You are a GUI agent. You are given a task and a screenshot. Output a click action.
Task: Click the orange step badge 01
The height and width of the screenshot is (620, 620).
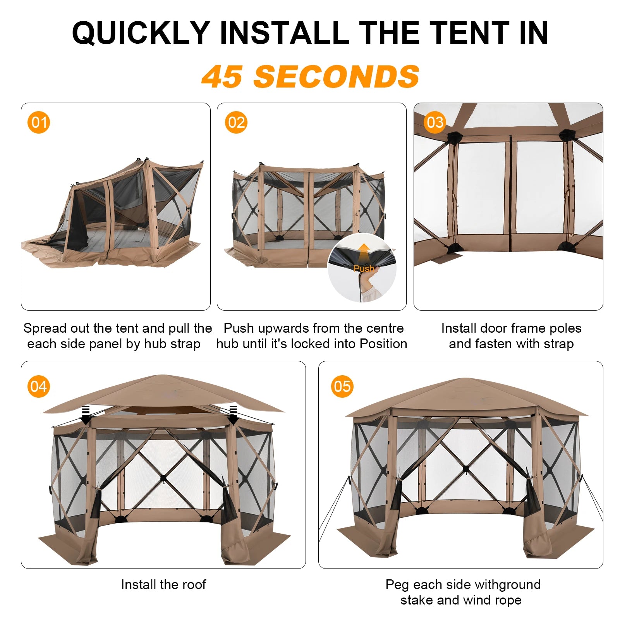pos(39,122)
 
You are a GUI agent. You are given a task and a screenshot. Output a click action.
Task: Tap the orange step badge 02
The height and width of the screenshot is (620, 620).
pos(236,122)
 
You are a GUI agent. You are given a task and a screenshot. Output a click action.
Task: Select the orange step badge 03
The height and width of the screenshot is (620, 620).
pos(435,122)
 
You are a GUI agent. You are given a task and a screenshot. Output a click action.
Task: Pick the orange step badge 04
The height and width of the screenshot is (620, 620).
pos(39,386)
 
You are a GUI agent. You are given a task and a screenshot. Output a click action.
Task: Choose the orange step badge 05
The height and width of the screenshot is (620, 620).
pos(342,386)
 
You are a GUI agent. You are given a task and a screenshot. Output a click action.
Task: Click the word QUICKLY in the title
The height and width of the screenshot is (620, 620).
pos(141,33)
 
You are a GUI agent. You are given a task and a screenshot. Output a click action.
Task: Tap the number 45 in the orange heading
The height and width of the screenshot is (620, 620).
pos(222,76)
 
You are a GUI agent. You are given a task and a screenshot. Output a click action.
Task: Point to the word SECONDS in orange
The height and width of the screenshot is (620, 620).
pos(337,76)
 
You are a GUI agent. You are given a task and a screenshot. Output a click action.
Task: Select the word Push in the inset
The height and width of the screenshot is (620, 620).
pos(364,268)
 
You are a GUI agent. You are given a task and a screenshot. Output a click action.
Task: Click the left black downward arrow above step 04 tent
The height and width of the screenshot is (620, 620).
pos(86,415)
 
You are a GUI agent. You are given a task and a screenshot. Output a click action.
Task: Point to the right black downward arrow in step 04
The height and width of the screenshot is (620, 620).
pos(233,415)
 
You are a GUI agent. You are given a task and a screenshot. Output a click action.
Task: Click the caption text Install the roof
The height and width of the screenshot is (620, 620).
pos(163,584)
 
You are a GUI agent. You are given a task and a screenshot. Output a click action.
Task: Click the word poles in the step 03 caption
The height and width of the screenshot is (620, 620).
pos(564,328)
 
